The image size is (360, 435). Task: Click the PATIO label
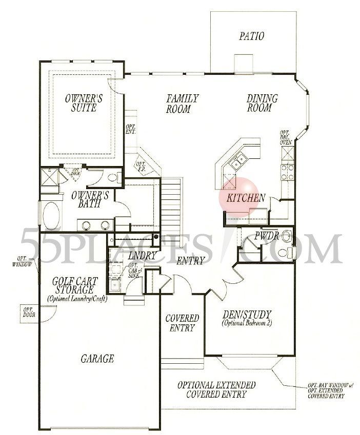251,36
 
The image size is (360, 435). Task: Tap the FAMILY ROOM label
182,103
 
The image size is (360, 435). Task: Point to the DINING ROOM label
262,103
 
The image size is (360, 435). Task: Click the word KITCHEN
246,198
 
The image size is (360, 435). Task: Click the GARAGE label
96,359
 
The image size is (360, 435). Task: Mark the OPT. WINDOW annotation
21,262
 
